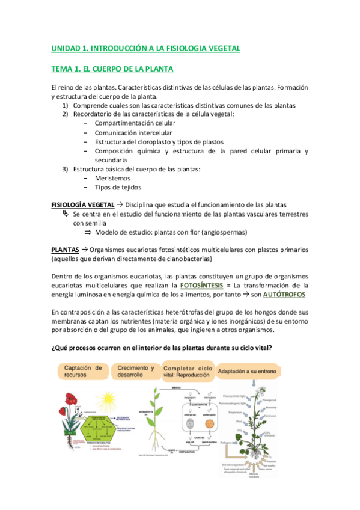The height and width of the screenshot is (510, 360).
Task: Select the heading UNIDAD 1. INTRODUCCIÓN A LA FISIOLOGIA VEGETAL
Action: (x=145, y=48)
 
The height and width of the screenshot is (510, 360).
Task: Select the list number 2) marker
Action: (x=66, y=114)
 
